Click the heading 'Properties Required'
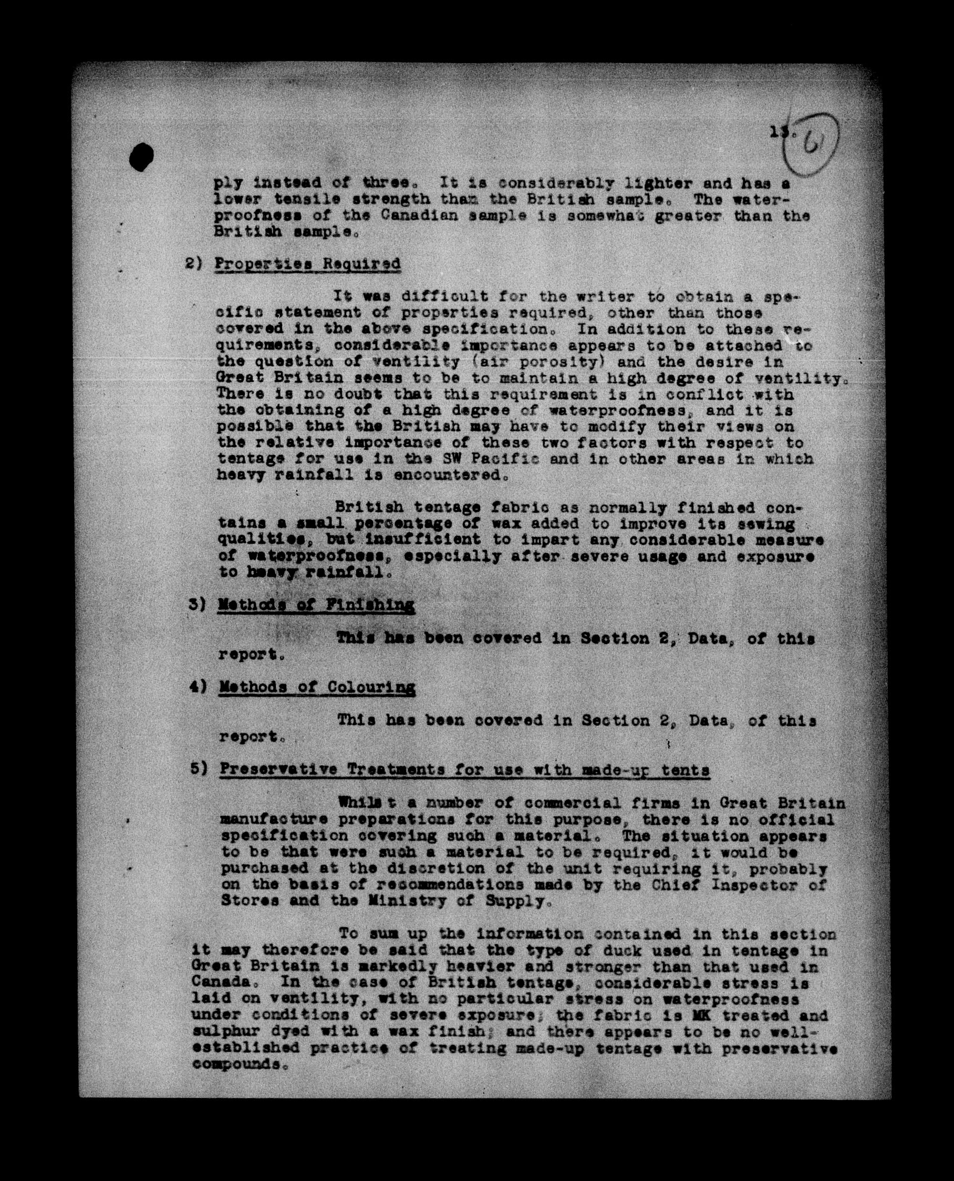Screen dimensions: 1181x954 point(307,264)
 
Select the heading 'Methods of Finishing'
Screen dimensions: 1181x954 point(316,605)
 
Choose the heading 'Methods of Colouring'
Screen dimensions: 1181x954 point(317,687)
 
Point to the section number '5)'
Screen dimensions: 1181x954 point(198,769)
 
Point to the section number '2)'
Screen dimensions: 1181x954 point(194,264)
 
